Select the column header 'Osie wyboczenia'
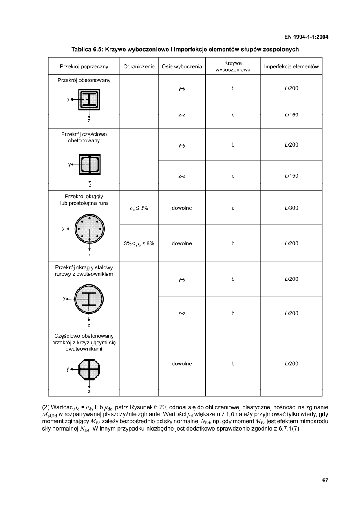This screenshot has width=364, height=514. (182, 66)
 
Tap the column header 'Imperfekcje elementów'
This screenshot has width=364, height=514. (291, 66)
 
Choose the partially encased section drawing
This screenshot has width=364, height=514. (90, 164)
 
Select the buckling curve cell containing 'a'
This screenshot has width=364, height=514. (233, 208)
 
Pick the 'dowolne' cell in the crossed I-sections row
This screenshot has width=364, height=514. (182, 364)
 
